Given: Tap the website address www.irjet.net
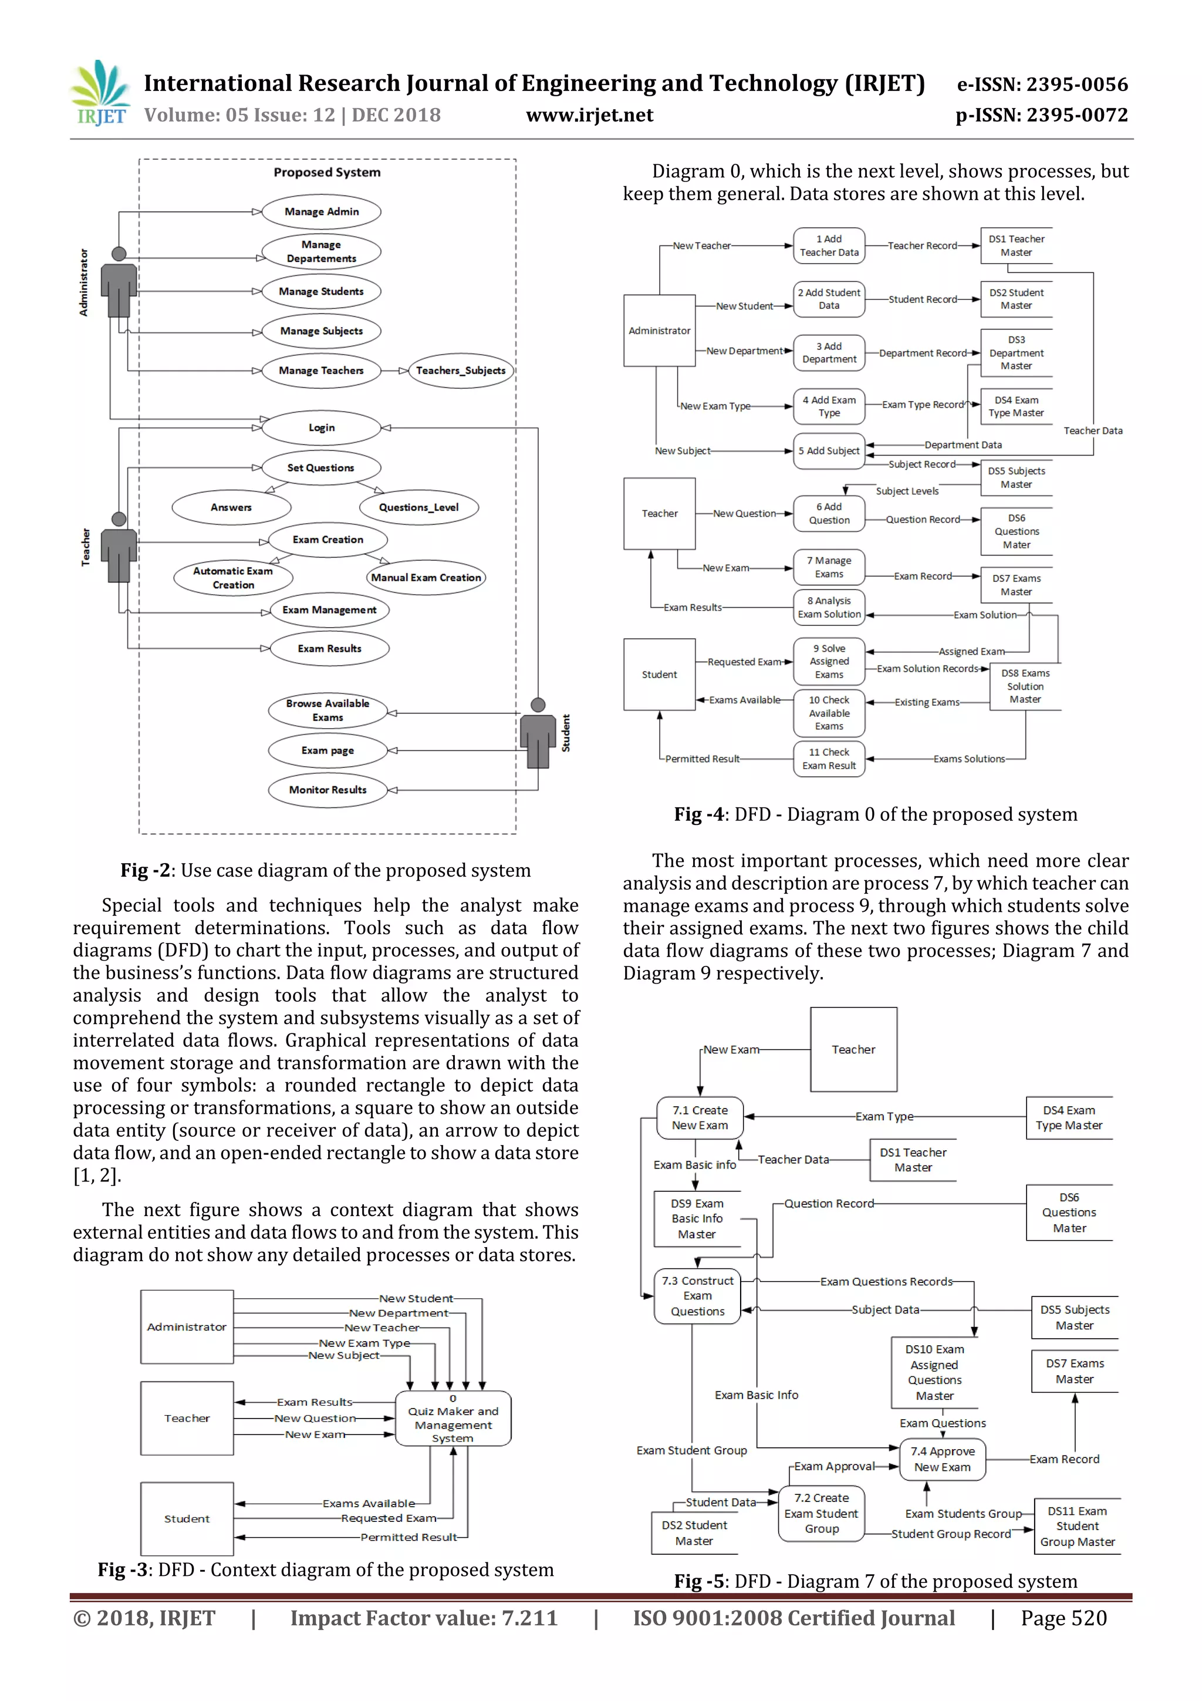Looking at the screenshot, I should tap(589, 116).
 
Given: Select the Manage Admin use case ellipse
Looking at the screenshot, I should tap(322, 212).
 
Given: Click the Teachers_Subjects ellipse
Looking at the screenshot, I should tap(461, 370).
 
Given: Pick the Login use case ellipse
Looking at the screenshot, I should tap(322, 428).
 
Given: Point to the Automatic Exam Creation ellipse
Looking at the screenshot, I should tap(233, 578).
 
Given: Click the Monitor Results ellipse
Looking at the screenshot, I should tap(327, 790).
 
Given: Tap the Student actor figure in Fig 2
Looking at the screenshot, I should tap(538, 733).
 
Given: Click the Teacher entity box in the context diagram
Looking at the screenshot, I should tap(187, 1418).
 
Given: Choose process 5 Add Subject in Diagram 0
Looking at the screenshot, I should tap(829, 450).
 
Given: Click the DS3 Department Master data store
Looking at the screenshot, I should tap(1016, 353).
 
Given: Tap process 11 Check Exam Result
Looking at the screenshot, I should tap(829, 759).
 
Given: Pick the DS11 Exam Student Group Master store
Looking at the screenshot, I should tap(1077, 1526).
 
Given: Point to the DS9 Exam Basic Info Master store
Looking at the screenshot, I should tap(697, 1219).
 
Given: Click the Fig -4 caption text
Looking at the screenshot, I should tap(876, 814).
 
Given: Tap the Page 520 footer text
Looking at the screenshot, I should tap(1063, 1618).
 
